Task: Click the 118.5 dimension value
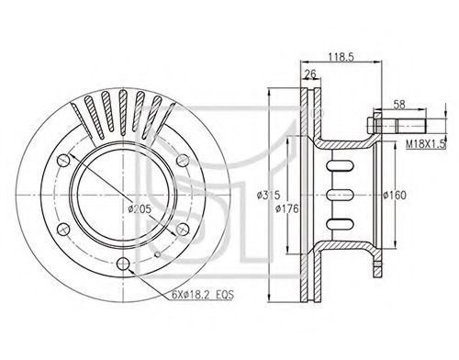tap(341, 57)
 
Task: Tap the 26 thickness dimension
tap(310, 73)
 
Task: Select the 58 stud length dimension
tap(399, 105)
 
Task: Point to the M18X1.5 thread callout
tap(425, 144)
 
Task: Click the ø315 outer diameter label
tap(269, 195)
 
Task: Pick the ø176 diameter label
tap(286, 208)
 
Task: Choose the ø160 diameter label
tap(395, 195)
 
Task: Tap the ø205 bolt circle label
tap(140, 208)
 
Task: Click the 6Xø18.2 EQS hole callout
tap(202, 295)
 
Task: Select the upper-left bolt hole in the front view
tap(63, 160)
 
